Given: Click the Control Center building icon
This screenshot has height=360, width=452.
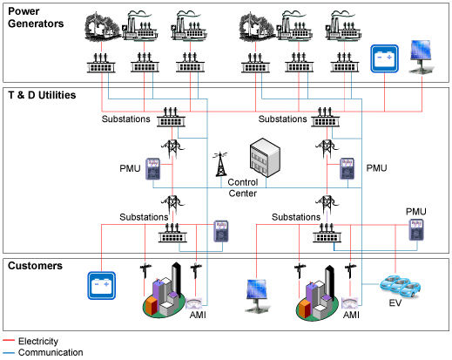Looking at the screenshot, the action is click(x=265, y=158).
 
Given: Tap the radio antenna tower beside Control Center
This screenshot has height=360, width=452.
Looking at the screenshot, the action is click(x=220, y=164).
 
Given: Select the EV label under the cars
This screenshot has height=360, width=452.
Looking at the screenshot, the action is click(x=395, y=303).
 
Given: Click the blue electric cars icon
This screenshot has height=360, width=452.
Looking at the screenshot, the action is click(x=400, y=285).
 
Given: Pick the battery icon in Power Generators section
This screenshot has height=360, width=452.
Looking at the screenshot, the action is click(x=384, y=58).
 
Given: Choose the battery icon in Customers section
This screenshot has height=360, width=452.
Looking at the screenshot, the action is click(x=102, y=285).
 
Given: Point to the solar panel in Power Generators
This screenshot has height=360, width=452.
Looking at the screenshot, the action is click(x=421, y=57).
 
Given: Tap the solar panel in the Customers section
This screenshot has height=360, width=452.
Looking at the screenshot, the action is click(x=257, y=295).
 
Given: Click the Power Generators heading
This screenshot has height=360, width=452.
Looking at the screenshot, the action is click(x=36, y=17).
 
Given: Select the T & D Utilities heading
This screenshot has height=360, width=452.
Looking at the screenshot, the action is click(x=42, y=95).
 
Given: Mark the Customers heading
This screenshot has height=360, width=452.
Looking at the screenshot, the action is click(x=35, y=266).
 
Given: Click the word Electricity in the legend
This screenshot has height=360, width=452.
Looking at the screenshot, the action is click(x=38, y=341).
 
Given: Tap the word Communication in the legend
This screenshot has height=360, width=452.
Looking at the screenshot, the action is click(x=51, y=352).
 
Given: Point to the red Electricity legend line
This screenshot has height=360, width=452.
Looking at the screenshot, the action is click(x=9, y=341).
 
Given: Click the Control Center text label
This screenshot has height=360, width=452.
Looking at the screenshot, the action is click(x=243, y=187).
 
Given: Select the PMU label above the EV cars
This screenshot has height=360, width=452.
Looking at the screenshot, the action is click(x=416, y=212).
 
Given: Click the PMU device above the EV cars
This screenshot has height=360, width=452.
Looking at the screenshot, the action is click(x=416, y=230).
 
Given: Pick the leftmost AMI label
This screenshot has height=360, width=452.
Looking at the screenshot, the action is click(x=198, y=315).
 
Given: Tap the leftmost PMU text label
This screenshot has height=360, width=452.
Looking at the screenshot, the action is click(x=130, y=168).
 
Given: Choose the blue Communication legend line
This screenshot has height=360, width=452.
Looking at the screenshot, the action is click(x=9, y=353).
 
